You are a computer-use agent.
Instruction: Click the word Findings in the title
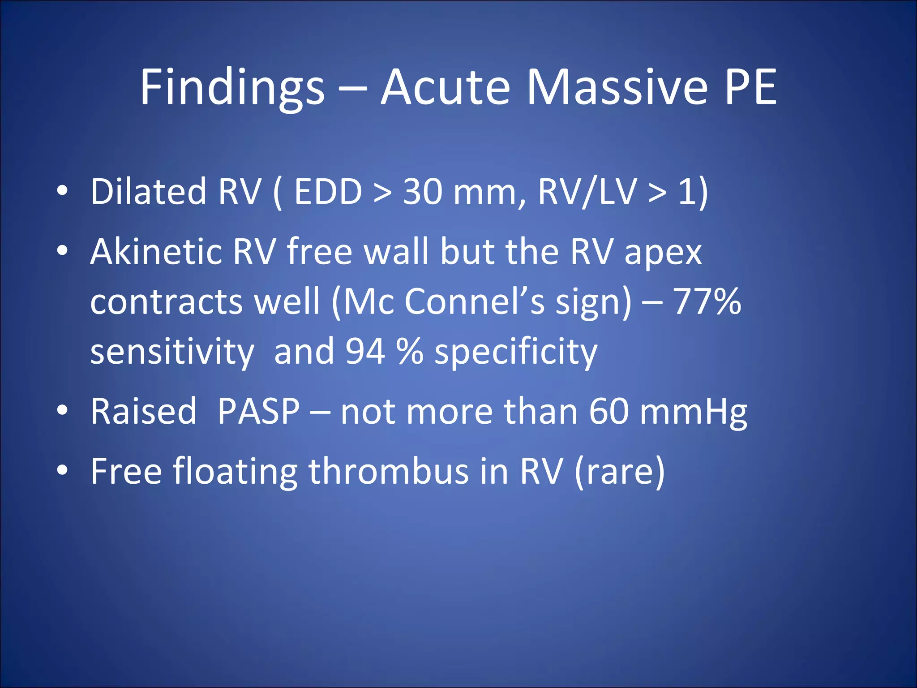tap(232, 88)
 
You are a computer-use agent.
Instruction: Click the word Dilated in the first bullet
tap(148, 192)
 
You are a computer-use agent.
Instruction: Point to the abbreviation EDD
tap(328, 192)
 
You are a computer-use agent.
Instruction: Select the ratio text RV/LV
tap(587, 192)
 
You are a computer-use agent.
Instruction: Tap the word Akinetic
tap(156, 252)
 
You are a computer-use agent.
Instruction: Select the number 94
tap(365, 351)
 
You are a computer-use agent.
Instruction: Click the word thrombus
tap(389, 471)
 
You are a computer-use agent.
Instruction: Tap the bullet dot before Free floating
tap(62, 470)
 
